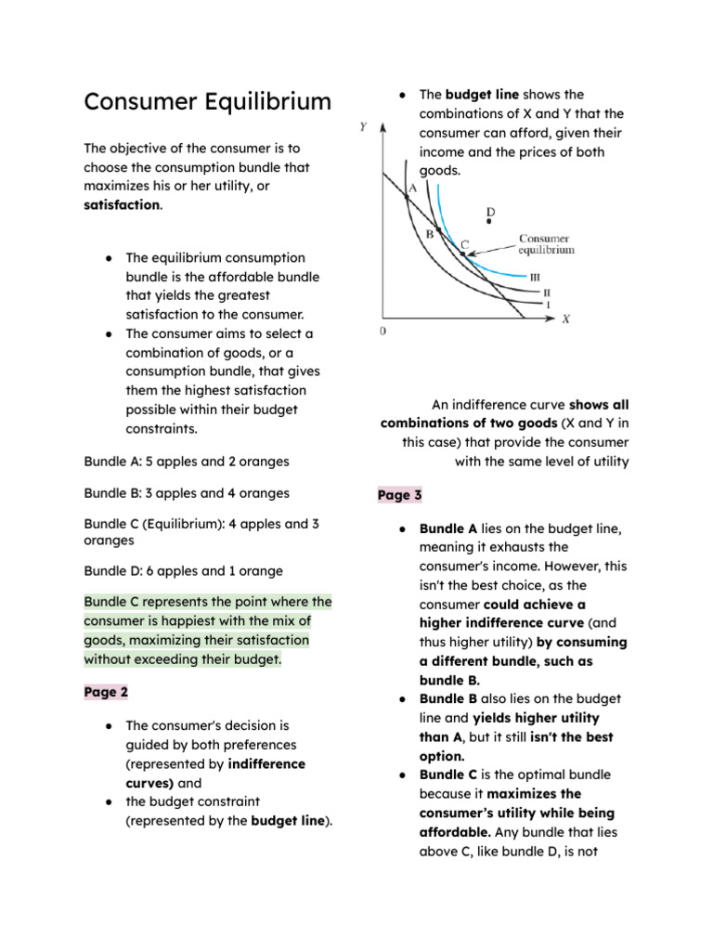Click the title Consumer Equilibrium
207,101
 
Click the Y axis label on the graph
362,126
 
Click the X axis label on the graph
566,319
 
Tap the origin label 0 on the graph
383,332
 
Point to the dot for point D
490,222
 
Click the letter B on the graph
429,234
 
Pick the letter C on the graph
465,243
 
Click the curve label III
535,277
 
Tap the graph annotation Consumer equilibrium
546,244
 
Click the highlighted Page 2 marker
106,692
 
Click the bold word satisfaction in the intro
122,204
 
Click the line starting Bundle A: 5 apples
186,461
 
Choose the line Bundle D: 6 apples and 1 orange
183,571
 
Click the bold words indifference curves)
215,774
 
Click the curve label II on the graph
547,292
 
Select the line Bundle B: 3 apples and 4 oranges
186,493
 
